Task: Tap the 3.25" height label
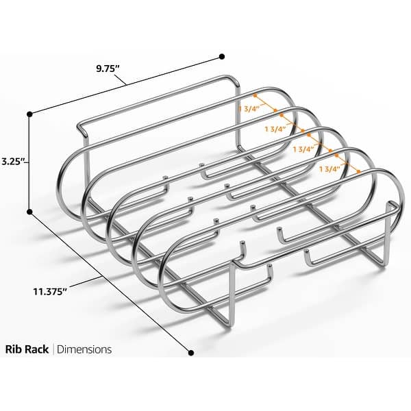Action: pyautogui.click(x=13, y=162)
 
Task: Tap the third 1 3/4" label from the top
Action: pyautogui.click(x=302, y=148)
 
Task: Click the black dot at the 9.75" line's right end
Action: pyautogui.click(x=221, y=57)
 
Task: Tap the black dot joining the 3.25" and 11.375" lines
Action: pyautogui.click(x=30, y=212)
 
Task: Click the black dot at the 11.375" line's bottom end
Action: pyautogui.click(x=191, y=353)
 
